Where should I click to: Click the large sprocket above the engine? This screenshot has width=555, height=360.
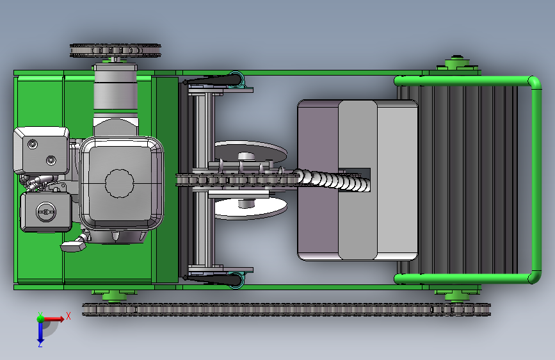(x=115, y=51)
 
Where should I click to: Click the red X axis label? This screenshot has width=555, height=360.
(x=68, y=316)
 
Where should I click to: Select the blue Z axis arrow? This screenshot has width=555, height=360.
(x=40, y=332)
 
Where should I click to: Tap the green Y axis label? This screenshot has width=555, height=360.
(x=40, y=315)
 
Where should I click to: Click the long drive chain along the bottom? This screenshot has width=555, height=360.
(x=286, y=309)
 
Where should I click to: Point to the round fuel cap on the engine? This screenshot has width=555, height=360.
(x=46, y=211)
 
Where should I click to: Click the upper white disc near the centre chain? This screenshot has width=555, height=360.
(x=250, y=151)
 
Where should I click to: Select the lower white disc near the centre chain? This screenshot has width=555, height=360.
(x=250, y=208)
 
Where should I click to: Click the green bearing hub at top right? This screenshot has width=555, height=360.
(x=457, y=64)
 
